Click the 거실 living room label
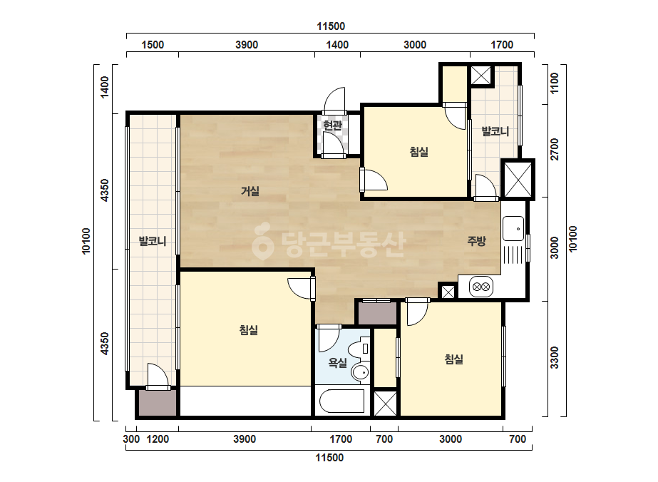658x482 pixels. [250, 192]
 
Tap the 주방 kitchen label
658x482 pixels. [477, 241]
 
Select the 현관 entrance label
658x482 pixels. [333, 125]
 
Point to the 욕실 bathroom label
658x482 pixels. [337, 363]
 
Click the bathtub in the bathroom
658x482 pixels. [341, 401]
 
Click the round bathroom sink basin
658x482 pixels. [360, 372]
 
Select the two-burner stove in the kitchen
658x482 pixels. [481, 287]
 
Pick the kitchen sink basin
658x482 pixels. [513, 228]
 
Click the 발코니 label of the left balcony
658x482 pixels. [153, 242]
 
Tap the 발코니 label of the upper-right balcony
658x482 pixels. [495, 131]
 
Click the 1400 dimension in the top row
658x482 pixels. [337, 45]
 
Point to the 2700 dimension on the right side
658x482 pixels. [555, 149]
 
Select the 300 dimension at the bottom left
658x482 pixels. [131, 439]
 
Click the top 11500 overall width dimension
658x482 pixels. [331, 26]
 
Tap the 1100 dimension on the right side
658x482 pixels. [555, 83]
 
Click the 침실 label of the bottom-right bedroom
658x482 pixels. [453, 359]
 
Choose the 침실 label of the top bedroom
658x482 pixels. [418, 152]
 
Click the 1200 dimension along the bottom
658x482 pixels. [158, 439]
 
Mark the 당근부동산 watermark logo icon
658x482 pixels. [263, 240]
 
